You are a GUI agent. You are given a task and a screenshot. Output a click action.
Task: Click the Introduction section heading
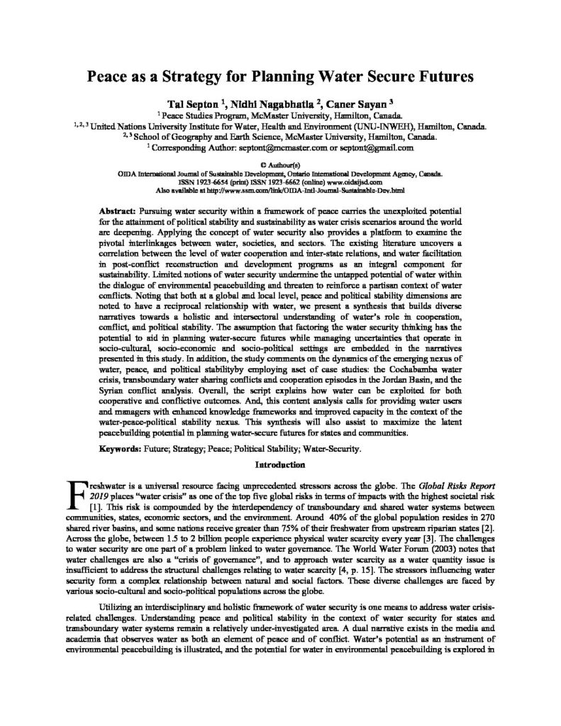click(x=280, y=465)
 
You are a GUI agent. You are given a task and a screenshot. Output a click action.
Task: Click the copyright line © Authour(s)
click(x=280, y=164)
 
